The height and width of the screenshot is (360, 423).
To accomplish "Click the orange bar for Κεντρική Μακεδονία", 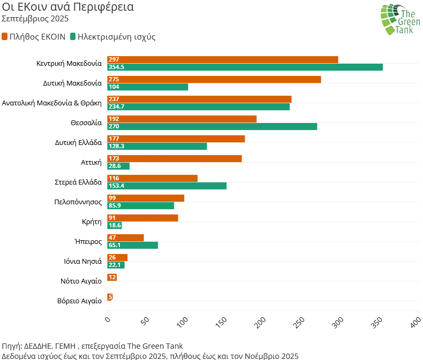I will pos(223,59).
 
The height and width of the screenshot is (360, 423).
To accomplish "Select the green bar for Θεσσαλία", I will pos(212,126).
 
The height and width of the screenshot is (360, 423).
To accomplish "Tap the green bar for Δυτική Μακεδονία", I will pos(148,87).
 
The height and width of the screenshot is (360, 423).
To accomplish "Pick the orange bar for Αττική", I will pos(175,158).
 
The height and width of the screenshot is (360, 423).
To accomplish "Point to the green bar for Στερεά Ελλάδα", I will pos(167,186).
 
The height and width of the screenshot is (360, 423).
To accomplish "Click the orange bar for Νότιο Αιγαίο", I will pos(112,277).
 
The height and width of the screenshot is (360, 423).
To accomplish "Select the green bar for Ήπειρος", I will pos(133,245).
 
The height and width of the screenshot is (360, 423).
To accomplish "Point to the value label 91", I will pos(112,218).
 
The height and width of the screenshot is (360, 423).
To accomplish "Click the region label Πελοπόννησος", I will pos(78,202).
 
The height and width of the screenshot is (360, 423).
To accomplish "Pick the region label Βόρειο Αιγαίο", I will pos(79,301).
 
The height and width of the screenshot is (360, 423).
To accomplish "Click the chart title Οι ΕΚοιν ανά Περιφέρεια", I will pos(68,7).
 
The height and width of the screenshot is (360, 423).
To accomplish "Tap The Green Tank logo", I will pos(399,19).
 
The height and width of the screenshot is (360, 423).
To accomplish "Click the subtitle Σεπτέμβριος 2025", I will pos(35,19).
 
